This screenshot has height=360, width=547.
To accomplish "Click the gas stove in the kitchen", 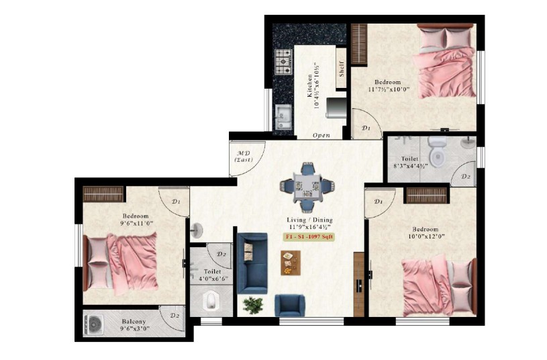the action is click(283, 61).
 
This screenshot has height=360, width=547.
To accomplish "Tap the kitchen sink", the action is click(283, 117).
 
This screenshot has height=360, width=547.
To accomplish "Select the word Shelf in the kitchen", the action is click(341, 69).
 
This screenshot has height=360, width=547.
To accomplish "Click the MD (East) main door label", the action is click(244, 156).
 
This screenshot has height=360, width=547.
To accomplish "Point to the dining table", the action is click(307, 187).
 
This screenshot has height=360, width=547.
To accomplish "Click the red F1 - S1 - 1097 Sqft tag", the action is click(308, 236).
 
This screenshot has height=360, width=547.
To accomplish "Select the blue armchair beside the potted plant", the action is click(289, 305).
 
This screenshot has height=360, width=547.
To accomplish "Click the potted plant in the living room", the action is click(253, 305).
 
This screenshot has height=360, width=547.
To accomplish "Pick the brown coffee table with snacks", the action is click(290, 263).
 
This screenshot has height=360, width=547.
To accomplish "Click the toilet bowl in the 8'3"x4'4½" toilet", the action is click(437, 152).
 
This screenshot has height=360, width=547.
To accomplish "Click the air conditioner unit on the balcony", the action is click(93, 325).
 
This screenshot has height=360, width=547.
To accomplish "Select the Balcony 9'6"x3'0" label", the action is click(134, 324).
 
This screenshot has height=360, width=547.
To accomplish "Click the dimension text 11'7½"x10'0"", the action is click(388, 89).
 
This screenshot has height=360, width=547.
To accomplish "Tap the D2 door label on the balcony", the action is click(175, 315).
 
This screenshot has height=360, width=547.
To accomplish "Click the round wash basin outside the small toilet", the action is click(197, 230).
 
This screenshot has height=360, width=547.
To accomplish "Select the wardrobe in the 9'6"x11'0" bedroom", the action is click(103, 194).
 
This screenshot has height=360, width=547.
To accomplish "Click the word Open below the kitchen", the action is click(321, 136).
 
